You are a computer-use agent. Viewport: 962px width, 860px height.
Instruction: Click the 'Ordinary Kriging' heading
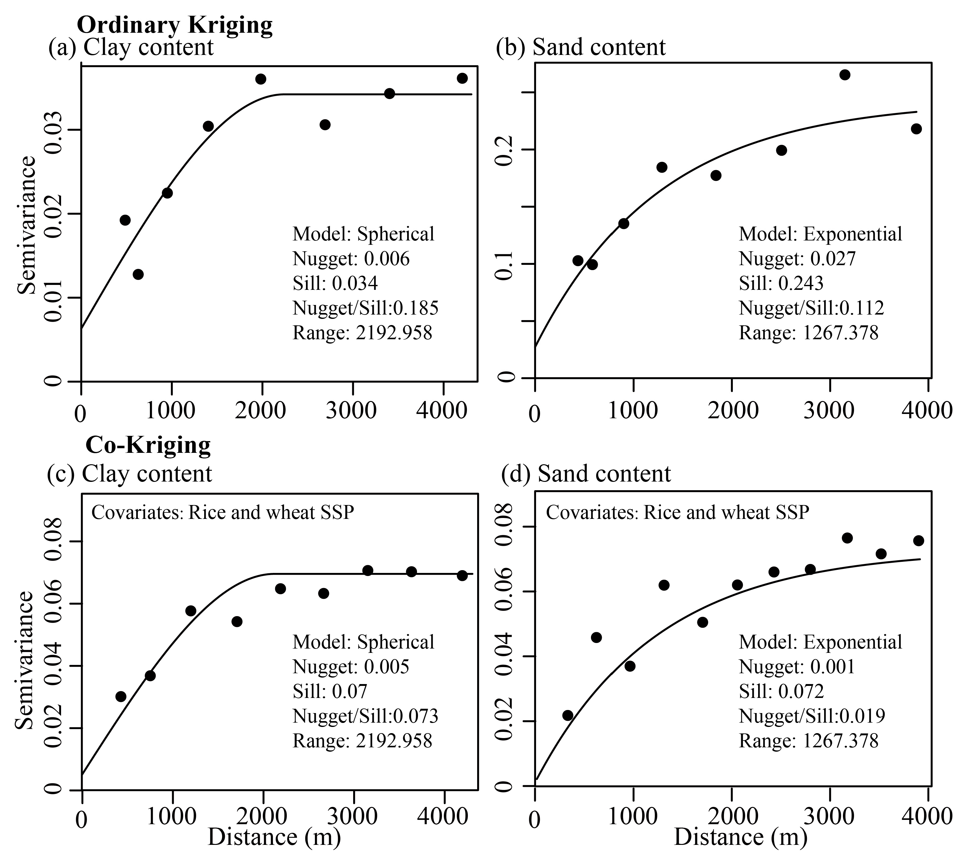174,25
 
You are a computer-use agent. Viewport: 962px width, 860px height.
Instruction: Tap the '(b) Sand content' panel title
580,47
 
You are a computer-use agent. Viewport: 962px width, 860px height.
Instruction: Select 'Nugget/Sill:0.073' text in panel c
365,716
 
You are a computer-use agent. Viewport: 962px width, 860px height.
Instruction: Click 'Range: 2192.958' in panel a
362,333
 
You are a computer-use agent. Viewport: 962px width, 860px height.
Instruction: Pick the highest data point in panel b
844,75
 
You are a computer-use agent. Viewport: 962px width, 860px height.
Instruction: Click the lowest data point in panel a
138,274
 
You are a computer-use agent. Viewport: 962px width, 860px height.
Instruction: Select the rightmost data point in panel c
462,575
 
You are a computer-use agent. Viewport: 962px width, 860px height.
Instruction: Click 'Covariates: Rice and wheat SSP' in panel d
677,512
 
